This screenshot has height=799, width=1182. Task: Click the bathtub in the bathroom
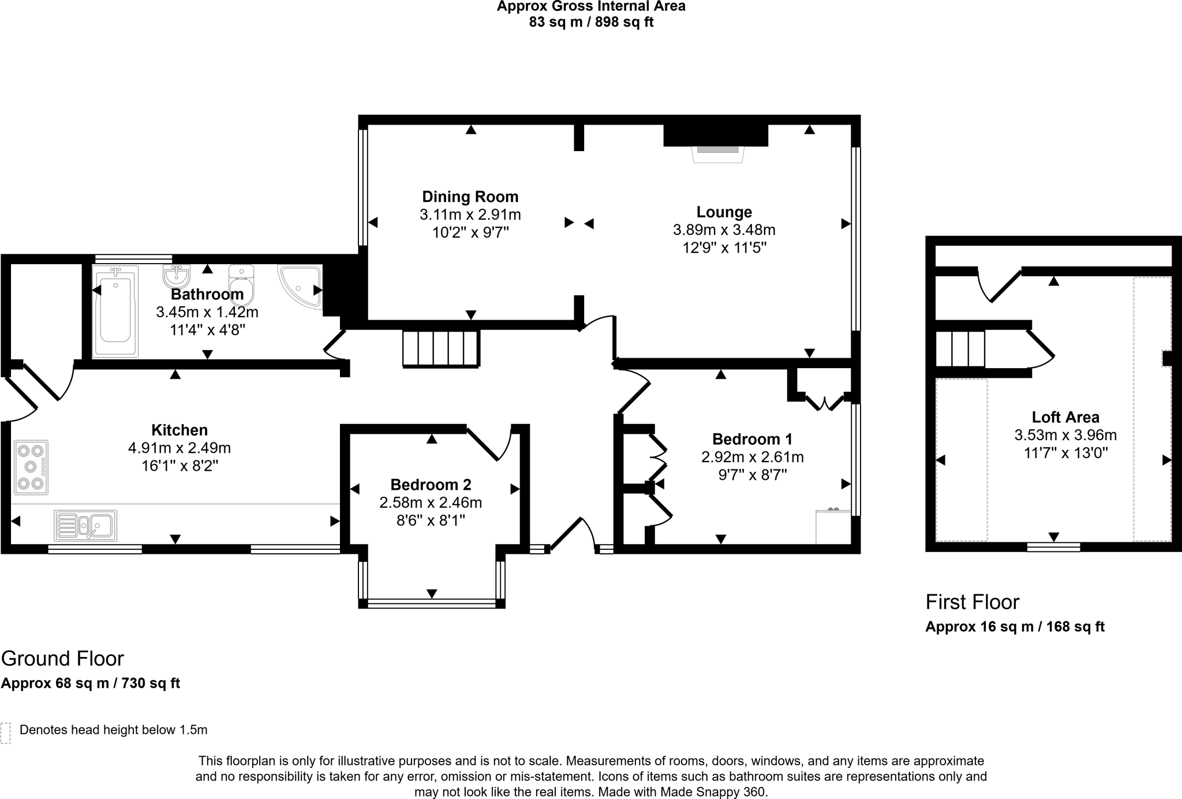[x=115, y=311]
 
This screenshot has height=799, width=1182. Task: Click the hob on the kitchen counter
[x=31, y=467]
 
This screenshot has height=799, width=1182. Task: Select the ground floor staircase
[x=441, y=348]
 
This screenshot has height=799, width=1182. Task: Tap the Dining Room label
[x=470, y=197]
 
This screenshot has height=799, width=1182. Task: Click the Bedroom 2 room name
[x=431, y=485]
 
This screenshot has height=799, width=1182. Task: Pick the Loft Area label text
[x=1065, y=417]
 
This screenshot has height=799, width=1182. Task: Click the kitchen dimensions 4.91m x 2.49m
[x=179, y=448]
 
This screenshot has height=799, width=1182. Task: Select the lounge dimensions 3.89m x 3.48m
[x=724, y=230]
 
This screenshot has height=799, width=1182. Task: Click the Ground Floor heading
[x=62, y=658]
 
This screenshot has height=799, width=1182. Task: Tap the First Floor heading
[x=972, y=602]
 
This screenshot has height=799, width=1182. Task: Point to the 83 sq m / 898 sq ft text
[x=591, y=22]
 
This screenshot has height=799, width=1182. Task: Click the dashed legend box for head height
[x=6, y=732]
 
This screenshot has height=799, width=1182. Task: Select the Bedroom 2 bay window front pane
[x=432, y=603]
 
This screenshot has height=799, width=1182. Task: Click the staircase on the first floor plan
[x=960, y=348]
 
